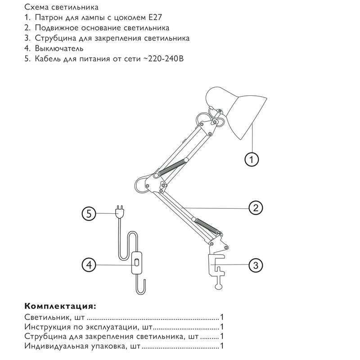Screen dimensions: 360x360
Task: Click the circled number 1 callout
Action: coord(252,158)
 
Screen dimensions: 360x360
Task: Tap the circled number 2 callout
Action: coord(255,207)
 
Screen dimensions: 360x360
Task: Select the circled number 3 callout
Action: coord(255,265)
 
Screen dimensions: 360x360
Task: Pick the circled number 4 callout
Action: coord(90,265)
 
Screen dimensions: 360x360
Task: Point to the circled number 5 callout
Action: coord(90,214)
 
